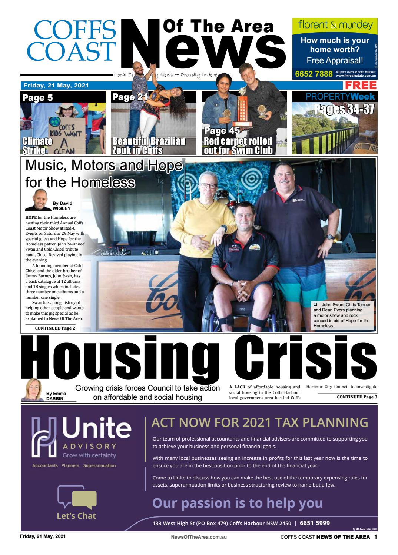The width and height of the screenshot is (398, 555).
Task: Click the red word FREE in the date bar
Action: [360, 86]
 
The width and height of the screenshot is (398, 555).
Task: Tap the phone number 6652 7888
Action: [314, 74]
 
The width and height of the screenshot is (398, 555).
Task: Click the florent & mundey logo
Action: [335, 25]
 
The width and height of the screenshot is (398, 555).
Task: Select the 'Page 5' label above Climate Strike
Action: [38, 98]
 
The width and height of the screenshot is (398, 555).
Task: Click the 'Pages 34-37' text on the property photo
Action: [344, 109]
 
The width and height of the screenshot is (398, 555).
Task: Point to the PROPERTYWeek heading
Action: [340, 97]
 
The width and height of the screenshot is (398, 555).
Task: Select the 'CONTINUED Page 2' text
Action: [55, 328]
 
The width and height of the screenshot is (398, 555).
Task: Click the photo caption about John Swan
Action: [342, 315]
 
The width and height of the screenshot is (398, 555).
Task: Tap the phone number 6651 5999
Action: [315, 523]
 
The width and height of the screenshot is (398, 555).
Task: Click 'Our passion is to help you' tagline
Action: [237, 503]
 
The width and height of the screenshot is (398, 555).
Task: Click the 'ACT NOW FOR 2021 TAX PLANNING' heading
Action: [260, 422]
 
